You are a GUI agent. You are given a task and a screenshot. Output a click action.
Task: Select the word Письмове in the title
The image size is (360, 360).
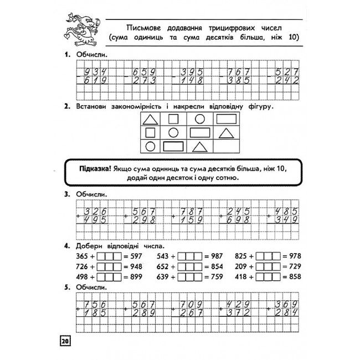(x=142, y=27)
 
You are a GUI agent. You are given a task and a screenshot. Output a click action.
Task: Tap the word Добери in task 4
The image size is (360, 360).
(x=91, y=245)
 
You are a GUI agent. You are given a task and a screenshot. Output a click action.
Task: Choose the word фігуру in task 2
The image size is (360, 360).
(x=258, y=105)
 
